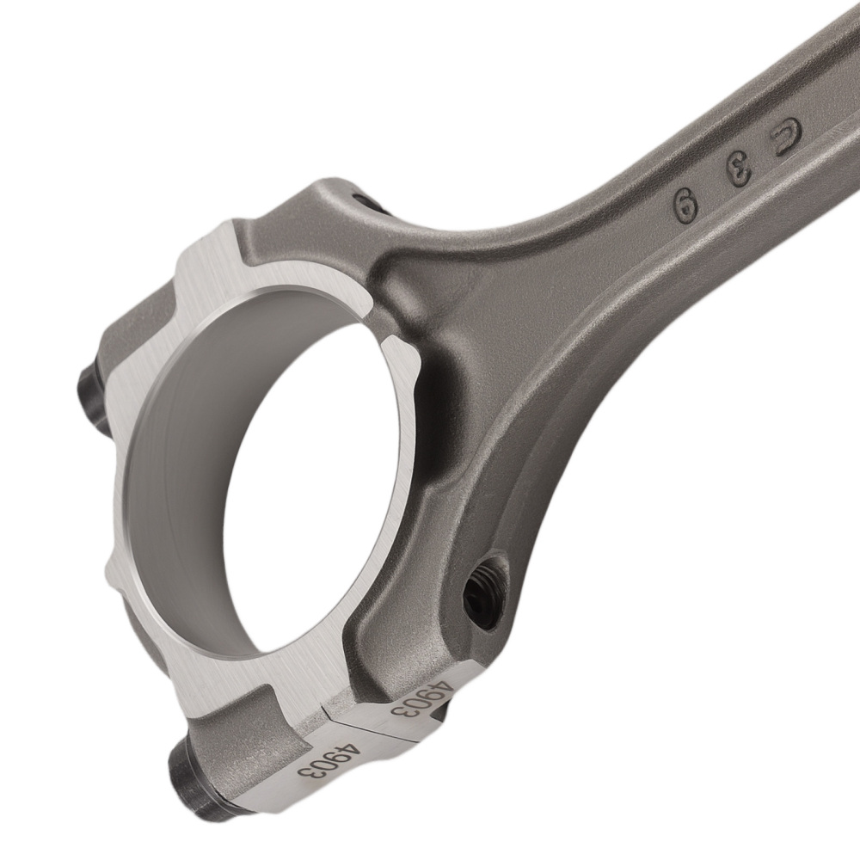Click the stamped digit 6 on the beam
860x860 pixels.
(685, 205)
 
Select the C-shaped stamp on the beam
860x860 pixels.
(786, 135)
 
